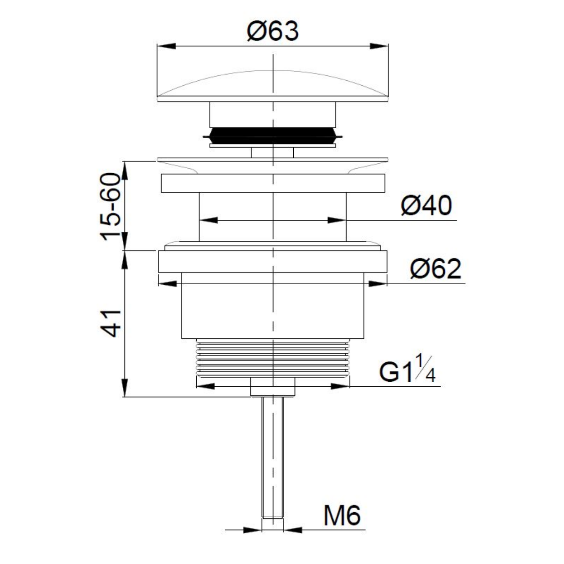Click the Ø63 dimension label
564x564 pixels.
[x=273, y=31]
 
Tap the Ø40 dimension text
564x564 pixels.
[x=426, y=206]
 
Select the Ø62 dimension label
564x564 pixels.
[x=435, y=268]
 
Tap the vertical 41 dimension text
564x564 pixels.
[x=111, y=324]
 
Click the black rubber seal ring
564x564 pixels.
[x=273, y=136]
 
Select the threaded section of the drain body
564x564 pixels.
[x=273, y=357]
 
